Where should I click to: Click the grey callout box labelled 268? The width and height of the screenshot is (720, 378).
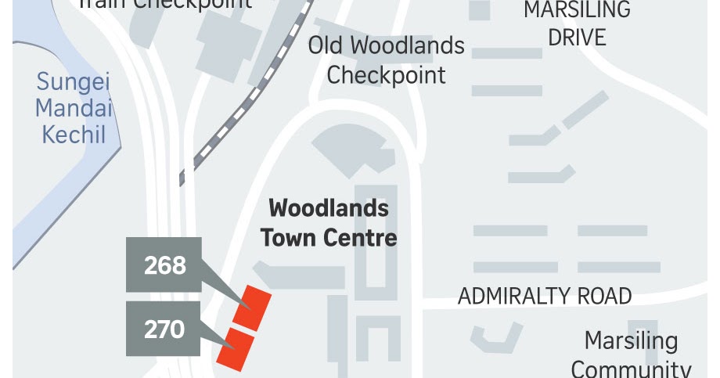(x=164, y=265)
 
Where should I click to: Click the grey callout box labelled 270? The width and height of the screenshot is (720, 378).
(x=164, y=329)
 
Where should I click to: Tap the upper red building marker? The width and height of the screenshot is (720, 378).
(x=253, y=307)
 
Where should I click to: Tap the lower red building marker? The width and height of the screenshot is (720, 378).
(x=236, y=347)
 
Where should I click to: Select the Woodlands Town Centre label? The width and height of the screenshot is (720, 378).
(x=329, y=222)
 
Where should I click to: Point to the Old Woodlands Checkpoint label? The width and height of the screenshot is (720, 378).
(x=387, y=60)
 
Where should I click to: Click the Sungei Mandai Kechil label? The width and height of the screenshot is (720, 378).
(x=74, y=108)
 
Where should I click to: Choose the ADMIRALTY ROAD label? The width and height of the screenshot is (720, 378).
(x=545, y=296)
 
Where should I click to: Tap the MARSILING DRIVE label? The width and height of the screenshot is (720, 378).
(x=577, y=23)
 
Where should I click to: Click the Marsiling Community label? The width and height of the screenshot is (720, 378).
(x=631, y=355)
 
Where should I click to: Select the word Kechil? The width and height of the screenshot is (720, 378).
(x=74, y=134)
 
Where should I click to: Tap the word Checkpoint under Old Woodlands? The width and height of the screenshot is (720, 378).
(x=387, y=75)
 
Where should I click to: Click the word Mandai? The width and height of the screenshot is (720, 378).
(x=74, y=108)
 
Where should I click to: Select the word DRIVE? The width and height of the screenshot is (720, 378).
(x=577, y=37)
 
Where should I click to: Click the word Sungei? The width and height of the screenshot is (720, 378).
(x=74, y=82)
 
